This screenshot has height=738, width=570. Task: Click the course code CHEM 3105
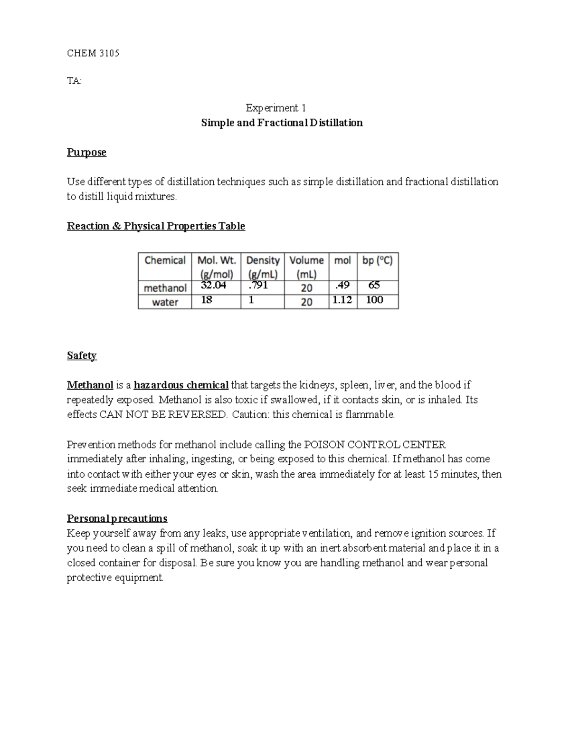point(93,53)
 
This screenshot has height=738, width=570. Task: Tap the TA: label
point(74,81)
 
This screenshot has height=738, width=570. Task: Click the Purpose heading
point(86,152)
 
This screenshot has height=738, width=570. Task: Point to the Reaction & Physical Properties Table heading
point(156,226)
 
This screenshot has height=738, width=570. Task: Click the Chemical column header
point(165,260)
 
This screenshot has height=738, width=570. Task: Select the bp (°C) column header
point(377,260)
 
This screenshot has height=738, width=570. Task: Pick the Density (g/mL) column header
point(263,267)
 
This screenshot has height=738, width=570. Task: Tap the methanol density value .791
point(258,285)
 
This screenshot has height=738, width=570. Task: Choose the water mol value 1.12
point(342,300)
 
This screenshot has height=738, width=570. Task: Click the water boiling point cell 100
point(374,300)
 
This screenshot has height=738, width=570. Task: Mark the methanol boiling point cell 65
point(374,285)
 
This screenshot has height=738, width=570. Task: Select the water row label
point(165,302)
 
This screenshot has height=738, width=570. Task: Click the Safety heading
point(82,355)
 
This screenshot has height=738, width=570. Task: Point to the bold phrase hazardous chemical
point(181,385)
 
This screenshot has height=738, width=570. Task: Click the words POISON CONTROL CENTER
point(375,445)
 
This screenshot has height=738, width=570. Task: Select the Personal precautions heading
point(117,518)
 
